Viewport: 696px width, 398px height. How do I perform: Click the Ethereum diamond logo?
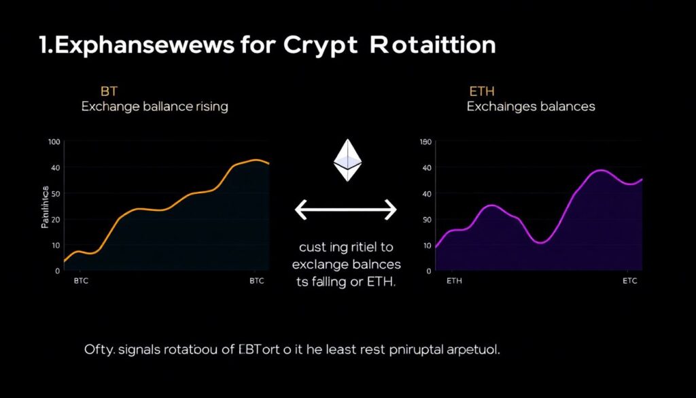[x=347, y=161]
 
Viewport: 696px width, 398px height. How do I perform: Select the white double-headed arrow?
[x=346, y=210]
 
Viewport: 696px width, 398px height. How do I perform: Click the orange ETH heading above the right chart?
[x=482, y=91]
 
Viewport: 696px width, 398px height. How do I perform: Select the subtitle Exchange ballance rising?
[x=154, y=107]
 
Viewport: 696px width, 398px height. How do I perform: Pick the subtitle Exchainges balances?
[x=531, y=107]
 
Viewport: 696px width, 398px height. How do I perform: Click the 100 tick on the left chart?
[x=54, y=142]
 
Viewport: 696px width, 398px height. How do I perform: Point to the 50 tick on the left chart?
[x=55, y=194]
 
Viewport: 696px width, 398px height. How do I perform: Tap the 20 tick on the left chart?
[x=55, y=220]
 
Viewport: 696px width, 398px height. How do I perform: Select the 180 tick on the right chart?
[x=426, y=142]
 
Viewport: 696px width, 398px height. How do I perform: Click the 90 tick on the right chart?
[x=427, y=220]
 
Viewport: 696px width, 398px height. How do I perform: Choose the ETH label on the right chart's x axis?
[x=454, y=281]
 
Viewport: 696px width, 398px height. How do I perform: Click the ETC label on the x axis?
[x=630, y=281]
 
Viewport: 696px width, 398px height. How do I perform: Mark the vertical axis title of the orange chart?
[x=45, y=206]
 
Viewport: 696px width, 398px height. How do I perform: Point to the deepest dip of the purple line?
[x=540, y=242]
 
